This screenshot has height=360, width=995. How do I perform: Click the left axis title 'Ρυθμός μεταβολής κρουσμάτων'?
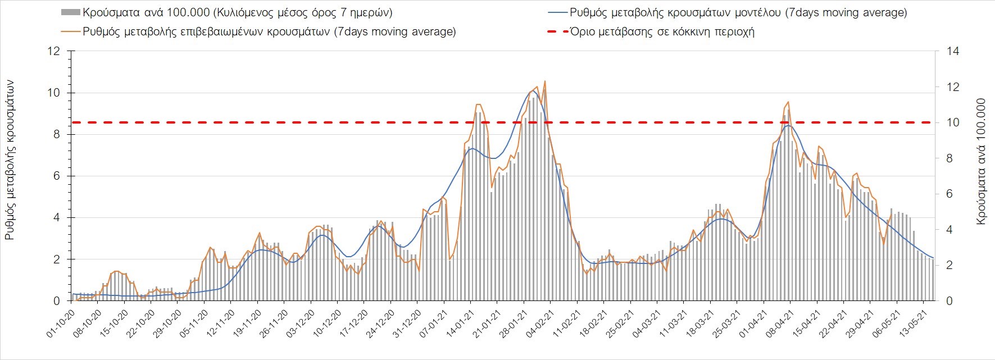tap(10, 160)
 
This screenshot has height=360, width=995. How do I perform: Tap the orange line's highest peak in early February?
tap(545, 81)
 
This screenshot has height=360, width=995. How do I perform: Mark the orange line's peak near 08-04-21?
tap(789, 102)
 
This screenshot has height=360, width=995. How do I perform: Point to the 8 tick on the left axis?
tap(56, 134)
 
